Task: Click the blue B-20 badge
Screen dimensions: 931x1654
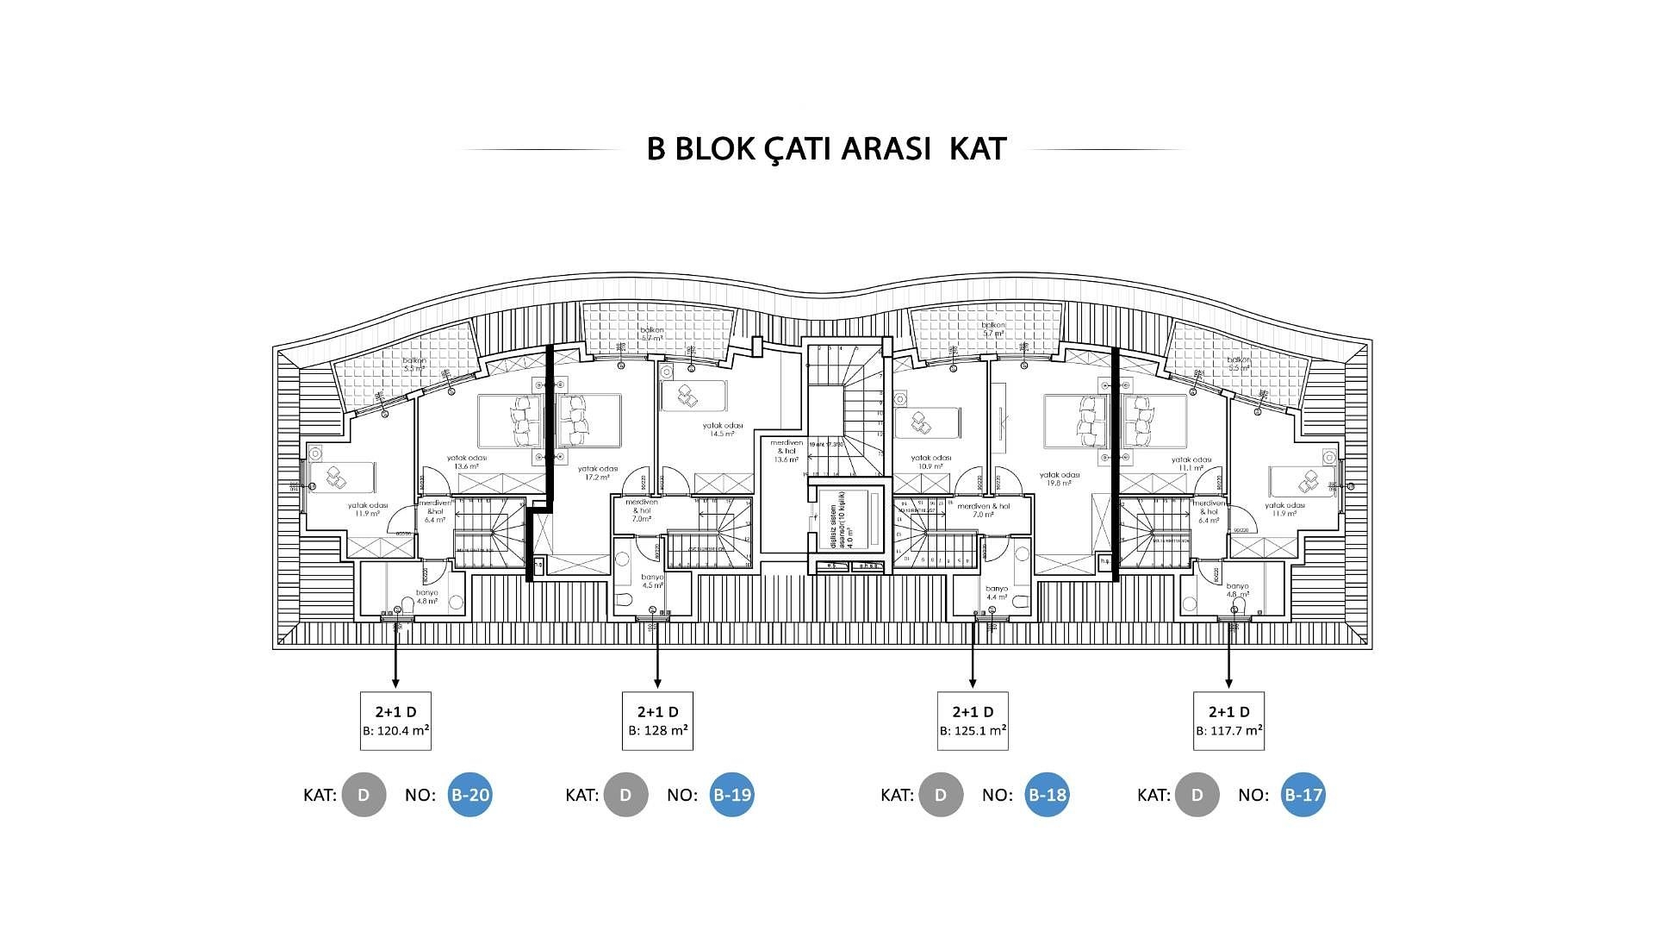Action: click(469, 795)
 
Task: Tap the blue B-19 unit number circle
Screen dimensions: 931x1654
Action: click(731, 795)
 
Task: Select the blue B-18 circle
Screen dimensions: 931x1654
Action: click(1047, 795)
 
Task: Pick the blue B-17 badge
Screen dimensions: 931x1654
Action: click(1303, 795)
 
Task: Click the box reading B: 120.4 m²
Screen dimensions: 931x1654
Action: click(395, 721)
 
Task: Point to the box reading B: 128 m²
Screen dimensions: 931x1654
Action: click(657, 721)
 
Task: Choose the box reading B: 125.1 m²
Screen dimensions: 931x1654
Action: click(973, 721)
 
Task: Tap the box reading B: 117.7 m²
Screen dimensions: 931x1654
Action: click(1228, 721)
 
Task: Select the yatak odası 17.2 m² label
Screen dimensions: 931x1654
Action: click(598, 472)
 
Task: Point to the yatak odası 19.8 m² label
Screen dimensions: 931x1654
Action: click(1060, 479)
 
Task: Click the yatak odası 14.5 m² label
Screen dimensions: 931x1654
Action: click(722, 429)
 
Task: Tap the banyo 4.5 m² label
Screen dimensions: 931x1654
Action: click(652, 581)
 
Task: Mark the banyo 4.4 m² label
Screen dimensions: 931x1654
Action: click(997, 592)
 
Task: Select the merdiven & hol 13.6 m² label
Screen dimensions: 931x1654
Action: click(787, 451)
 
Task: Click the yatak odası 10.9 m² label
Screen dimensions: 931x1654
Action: click(930, 462)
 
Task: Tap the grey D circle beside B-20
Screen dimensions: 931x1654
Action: click(364, 795)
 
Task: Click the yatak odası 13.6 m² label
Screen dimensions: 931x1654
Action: click(466, 462)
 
